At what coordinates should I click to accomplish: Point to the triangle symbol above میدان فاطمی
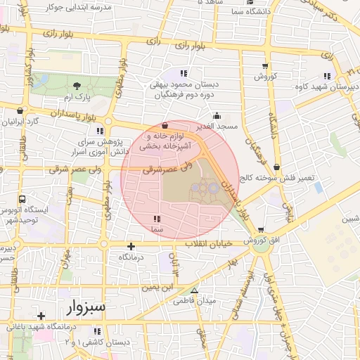pyautogui.click(x=195, y=290)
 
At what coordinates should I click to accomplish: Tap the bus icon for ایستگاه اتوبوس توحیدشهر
pyautogui.click(x=22, y=200)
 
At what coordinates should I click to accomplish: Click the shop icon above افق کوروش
pyautogui.click(x=261, y=230)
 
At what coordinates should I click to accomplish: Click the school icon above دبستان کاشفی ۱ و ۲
pyautogui.click(x=97, y=330)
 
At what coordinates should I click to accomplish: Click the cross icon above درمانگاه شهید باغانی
pyautogui.click(x=41, y=316)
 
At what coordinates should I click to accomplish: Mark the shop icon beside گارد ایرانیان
pyautogui.click(x=18, y=111)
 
